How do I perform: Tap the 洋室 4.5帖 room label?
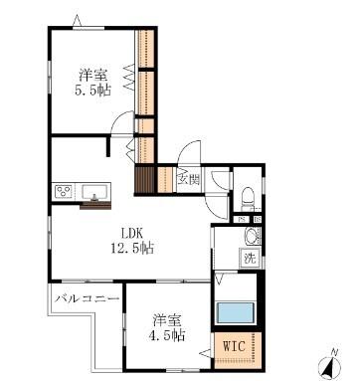(168, 328)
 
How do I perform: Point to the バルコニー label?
(88, 297)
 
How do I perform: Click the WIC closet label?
(234, 346)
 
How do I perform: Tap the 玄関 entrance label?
(185, 179)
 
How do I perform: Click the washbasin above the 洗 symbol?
(252, 237)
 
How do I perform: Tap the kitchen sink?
(98, 191)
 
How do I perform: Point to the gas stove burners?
(66, 191)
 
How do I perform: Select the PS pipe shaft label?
(242, 219)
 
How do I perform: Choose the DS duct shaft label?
(257, 219)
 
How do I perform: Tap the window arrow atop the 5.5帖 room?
(80, 20)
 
